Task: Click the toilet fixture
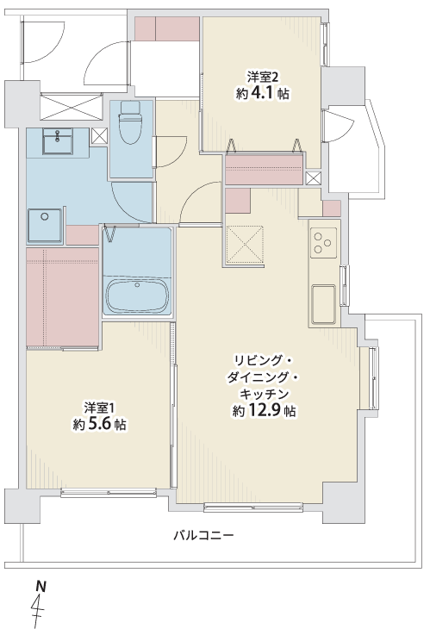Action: [130, 122]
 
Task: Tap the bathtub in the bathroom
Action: [138, 296]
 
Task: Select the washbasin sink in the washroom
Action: [58, 141]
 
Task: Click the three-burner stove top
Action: [323, 243]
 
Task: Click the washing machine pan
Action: [45, 225]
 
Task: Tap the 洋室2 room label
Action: [262, 77]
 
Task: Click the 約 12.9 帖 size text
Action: [264, 411]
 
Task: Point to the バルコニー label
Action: [204, 536]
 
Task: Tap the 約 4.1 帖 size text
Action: [263, 94]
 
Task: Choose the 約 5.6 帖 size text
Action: [99, 425]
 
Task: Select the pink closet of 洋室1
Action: [63, 297]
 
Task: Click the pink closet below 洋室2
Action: [264, 169]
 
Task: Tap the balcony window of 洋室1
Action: [109, 493]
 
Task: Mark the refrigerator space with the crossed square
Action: [245, 245]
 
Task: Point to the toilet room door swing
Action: [171, 152]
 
